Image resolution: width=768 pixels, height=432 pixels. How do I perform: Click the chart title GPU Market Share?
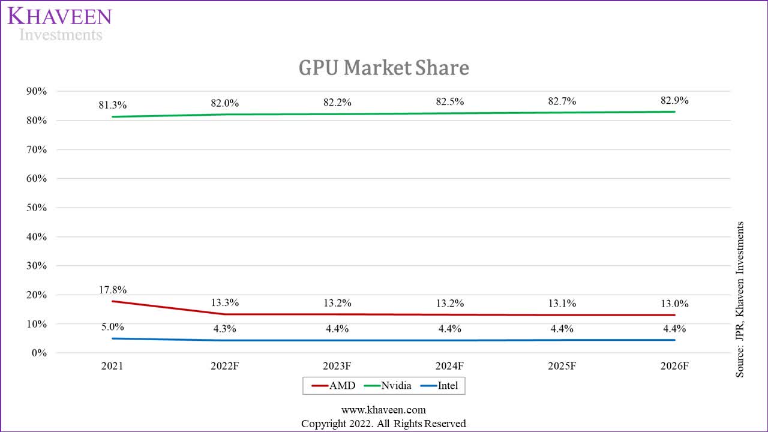point(383,68)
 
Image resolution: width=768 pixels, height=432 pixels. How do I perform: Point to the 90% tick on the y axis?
point(35,91)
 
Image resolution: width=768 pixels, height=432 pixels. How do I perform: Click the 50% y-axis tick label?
point(35,208)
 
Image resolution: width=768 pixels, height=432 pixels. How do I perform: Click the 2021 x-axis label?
point(112,366)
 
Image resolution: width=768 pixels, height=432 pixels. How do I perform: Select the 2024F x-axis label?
point(450,366)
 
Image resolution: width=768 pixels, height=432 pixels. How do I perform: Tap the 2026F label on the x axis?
point(674,366)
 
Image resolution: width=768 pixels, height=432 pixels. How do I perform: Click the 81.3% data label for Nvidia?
point(113,105)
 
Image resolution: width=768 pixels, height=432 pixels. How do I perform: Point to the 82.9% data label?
point(674,101)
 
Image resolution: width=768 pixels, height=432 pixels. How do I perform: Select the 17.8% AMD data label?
point(113,290)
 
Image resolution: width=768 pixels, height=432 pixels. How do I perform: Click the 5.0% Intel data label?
point(113,327)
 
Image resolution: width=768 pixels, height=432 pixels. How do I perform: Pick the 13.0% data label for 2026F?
point(674,304)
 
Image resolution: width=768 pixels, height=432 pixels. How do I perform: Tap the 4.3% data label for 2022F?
point(225,329)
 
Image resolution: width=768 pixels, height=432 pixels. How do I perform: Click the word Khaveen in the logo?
point(59,16)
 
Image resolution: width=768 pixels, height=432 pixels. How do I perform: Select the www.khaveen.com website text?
point(383,410)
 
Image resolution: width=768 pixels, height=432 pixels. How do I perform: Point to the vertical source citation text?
point(740,299)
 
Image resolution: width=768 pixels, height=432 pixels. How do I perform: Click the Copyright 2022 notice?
point(383,424)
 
